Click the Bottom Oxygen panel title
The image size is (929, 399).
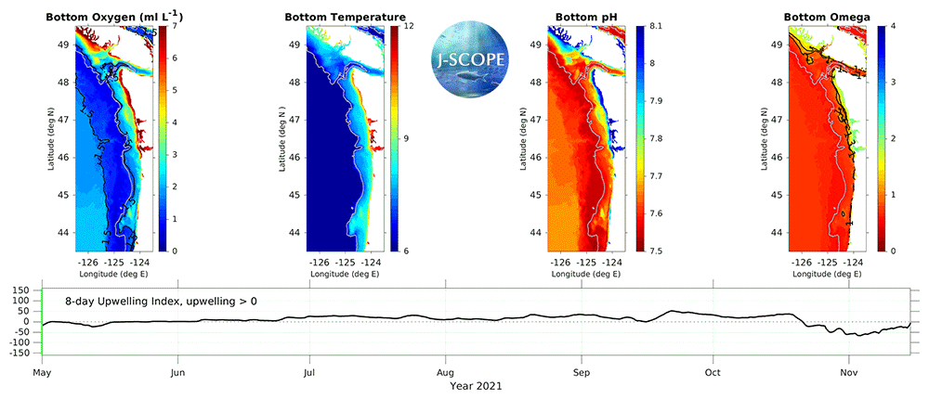tap(108, 17)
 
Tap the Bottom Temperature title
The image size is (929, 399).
tap(345, 17)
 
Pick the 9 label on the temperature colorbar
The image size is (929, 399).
tap(407, 138)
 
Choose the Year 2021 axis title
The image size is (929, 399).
tap(476, 387)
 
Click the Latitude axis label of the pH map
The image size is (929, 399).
tap(517, 137)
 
